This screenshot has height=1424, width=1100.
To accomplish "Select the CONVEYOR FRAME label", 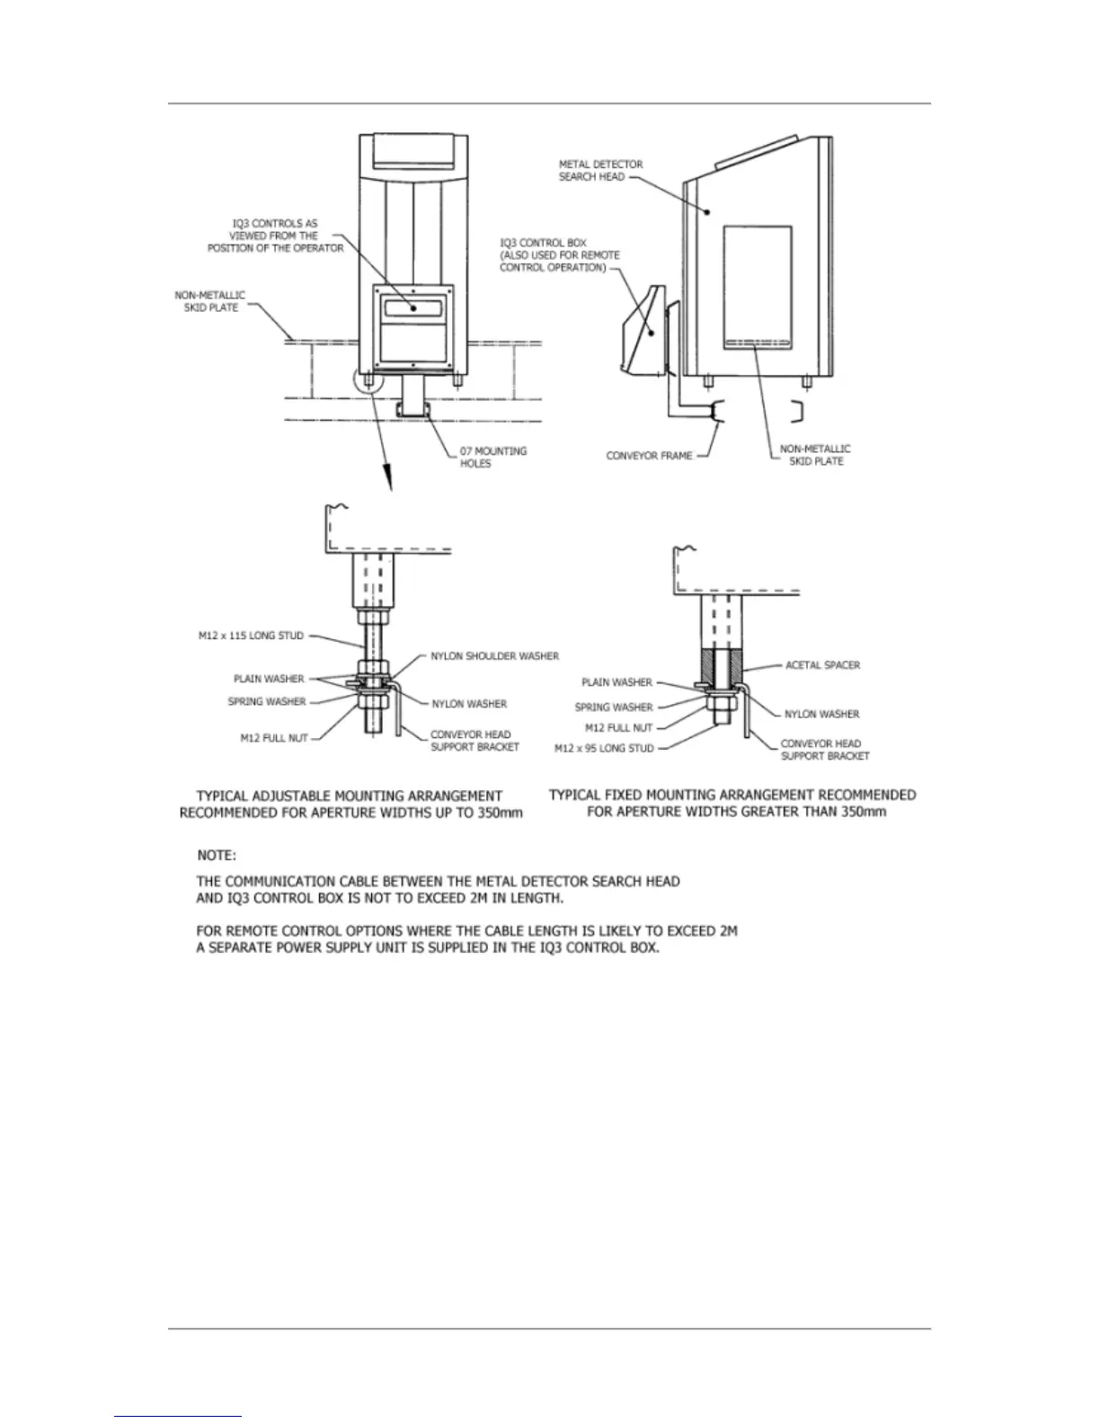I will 649,456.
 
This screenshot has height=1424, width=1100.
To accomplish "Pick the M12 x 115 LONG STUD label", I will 251,636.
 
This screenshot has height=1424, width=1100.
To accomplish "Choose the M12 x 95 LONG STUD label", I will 604,748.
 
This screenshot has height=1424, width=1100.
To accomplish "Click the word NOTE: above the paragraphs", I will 217,854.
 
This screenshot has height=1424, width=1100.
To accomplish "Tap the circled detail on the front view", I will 368,385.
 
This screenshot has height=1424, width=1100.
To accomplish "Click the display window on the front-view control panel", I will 414,307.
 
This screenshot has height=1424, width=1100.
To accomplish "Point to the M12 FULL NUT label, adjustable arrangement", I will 273,738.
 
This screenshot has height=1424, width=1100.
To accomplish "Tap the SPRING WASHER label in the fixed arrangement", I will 614,707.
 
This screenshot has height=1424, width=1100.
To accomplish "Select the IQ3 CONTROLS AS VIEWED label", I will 275,236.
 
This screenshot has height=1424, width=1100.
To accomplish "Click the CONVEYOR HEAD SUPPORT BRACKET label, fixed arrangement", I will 825,750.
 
